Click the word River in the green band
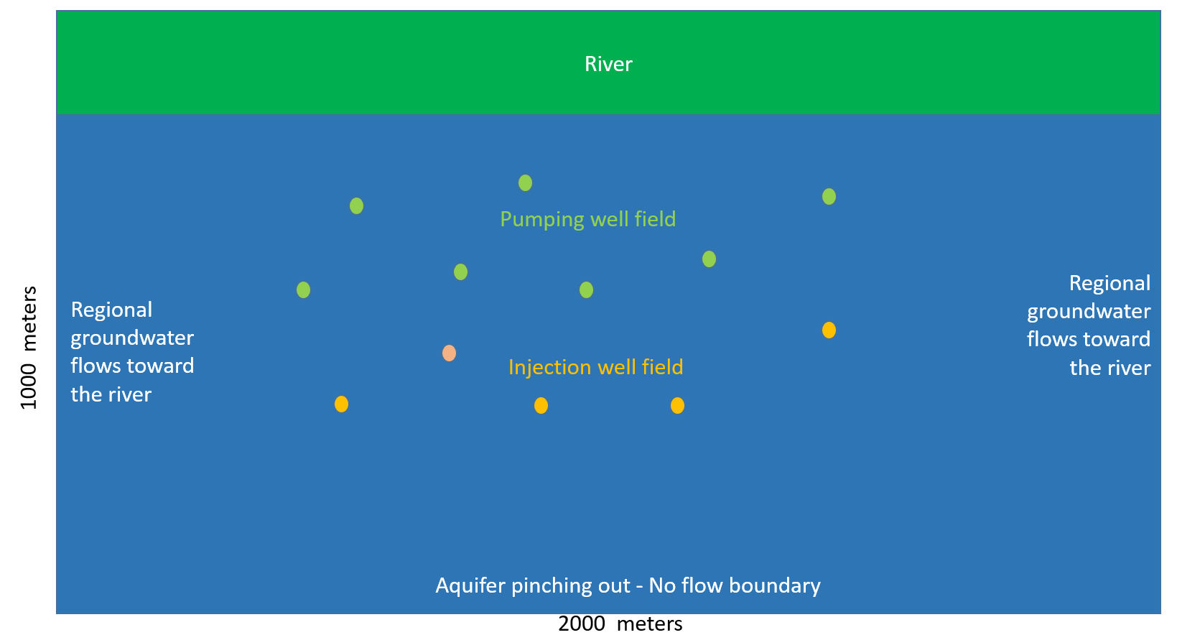coord(608,64)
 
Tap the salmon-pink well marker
coord(449,353)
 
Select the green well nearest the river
coord(525,183)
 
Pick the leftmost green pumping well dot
coord(303,289)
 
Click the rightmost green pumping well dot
coord(829,197)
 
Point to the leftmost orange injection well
coord(341,404)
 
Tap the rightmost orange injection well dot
coord(829,330)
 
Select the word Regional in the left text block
coord(111,310)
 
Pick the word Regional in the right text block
coord(1109,283)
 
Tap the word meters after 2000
coord(649,624)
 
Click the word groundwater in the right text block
coord(1089,312)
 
